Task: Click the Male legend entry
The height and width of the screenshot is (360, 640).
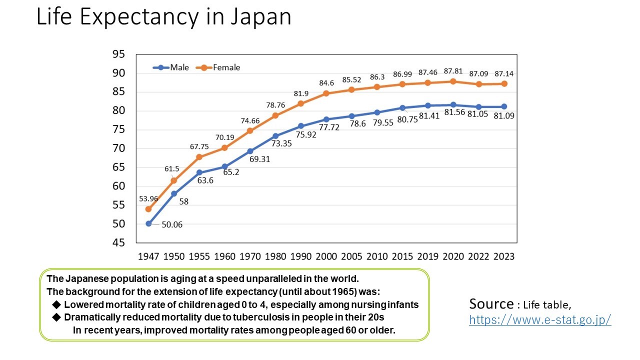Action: [171, 67]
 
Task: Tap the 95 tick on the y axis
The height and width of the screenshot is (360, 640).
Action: [119, 54]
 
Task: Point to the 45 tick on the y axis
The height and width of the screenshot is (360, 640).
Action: [119, 243]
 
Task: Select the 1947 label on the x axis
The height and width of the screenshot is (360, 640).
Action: [148, 256]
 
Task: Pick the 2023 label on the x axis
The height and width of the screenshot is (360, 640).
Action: [504, 256]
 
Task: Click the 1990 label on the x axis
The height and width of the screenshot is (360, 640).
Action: [301, 256]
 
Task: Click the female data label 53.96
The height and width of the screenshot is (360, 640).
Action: [148, 198]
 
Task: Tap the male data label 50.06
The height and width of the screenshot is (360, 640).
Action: [171, 224]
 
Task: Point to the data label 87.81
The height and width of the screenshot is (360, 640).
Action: [453, 70]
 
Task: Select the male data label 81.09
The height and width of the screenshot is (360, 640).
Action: [503, 115]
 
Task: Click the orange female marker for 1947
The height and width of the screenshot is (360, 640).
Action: [148, 209]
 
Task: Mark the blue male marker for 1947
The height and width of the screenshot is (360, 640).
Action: [148, 223]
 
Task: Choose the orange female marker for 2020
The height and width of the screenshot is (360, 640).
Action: [453, 81]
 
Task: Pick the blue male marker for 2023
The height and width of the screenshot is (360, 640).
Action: [504, 106]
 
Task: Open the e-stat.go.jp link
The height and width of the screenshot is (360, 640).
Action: [540, 320]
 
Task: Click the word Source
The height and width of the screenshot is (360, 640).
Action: [491, 304]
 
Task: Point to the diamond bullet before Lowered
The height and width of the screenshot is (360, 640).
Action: [56, 304]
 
